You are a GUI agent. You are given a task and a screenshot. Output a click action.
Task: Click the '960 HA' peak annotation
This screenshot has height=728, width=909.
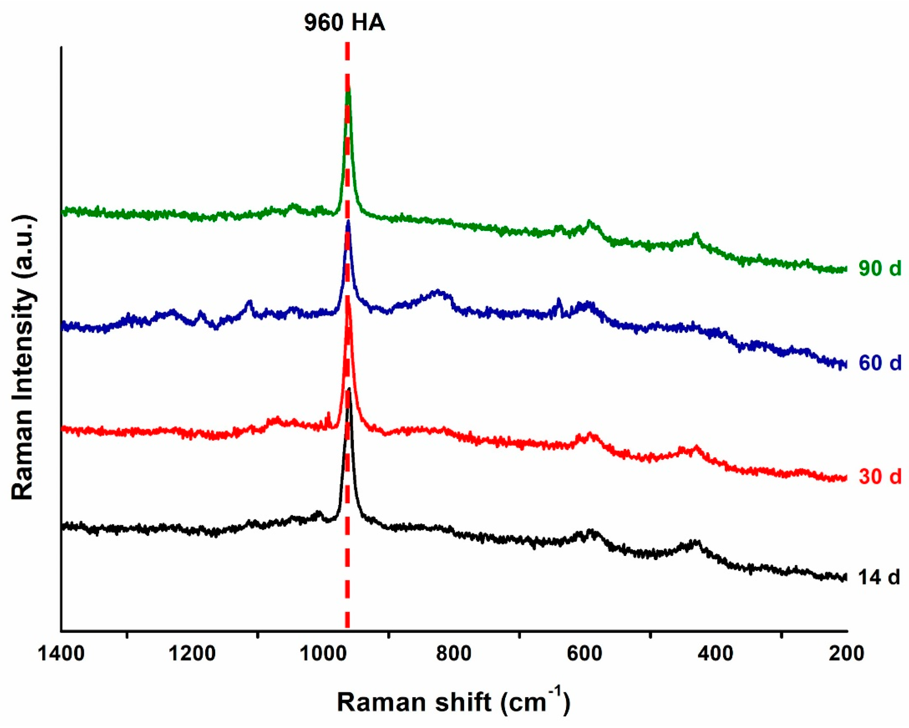click(345, 23)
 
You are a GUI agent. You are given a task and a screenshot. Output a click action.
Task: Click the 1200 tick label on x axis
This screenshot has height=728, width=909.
click(192, 654)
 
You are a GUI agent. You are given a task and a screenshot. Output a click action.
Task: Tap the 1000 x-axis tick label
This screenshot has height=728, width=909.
click(323, 654)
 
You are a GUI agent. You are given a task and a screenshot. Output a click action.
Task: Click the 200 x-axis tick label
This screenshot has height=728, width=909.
click(846, 654)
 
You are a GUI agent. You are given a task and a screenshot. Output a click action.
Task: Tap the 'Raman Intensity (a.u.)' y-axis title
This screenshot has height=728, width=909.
click(23, 358)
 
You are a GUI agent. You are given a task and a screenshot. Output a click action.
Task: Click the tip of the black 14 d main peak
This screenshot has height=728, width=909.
click(349, 388)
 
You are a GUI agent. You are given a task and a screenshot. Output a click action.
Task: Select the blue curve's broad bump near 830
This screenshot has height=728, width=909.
click(437, 291)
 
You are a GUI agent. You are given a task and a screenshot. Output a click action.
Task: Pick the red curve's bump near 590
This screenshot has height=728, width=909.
click(590, 434)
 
